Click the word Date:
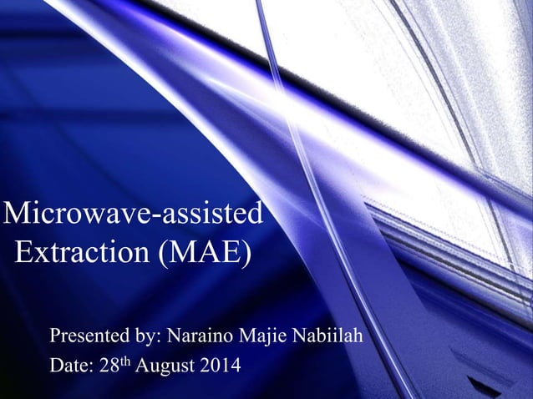click(71, 366)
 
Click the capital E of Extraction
click(25, 252)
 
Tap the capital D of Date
click(57, 366)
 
